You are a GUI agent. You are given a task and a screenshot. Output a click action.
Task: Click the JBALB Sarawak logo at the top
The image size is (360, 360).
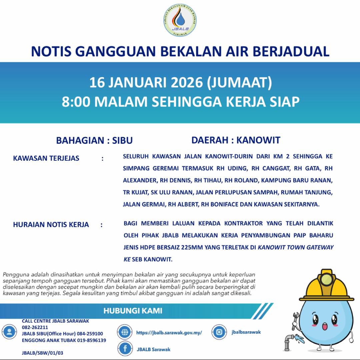(180, 21)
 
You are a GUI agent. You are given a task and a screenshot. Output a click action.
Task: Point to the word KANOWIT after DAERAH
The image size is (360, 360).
(258, 140)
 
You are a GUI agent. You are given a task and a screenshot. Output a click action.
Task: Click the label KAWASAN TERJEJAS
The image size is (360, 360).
(46, 158)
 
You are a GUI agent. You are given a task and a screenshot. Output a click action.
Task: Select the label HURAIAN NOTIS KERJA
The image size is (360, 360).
(51, 225)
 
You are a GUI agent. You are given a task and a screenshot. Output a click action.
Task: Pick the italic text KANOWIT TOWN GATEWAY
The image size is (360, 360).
(296, 248)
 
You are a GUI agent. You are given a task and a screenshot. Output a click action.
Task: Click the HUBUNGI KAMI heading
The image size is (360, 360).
(133, 311)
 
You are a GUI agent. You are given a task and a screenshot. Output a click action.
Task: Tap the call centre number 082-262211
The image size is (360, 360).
(35, 327)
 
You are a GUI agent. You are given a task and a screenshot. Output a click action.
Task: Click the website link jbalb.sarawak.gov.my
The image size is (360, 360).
(169, 333)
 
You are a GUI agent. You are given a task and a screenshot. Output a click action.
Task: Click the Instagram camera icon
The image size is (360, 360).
(219, 332)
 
